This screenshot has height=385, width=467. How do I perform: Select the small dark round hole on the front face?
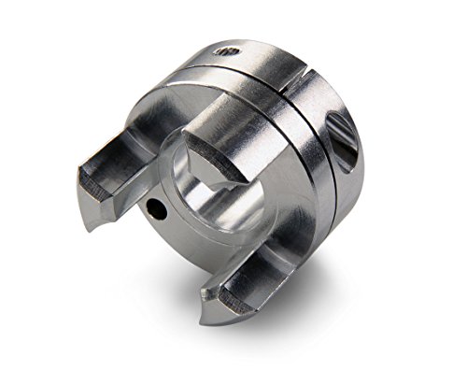click(159, 211)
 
